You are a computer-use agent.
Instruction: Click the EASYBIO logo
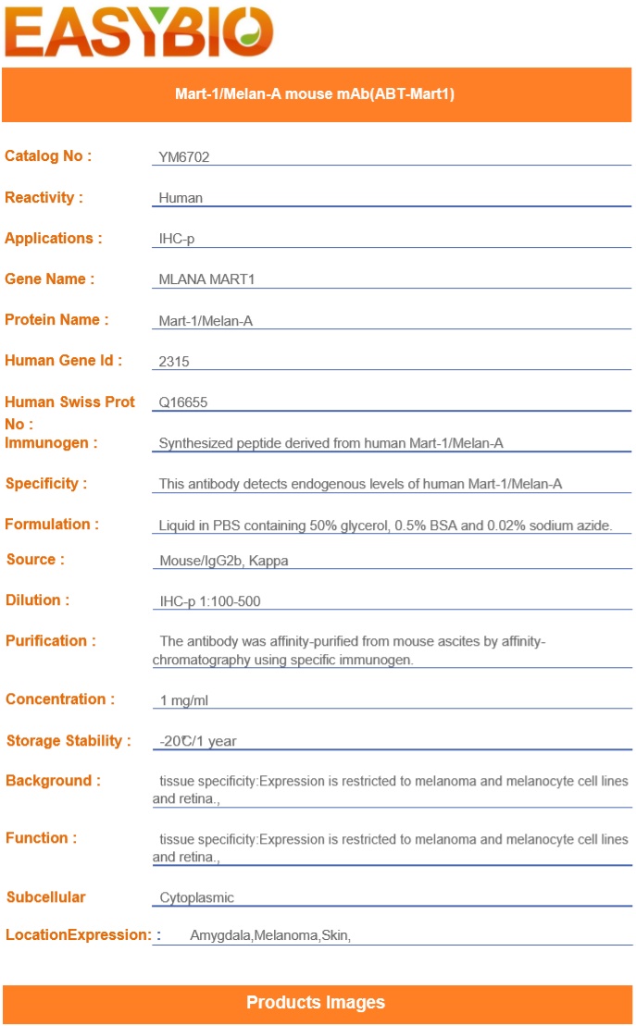coord(139,32)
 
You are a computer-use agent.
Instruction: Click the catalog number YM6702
coord(184,157)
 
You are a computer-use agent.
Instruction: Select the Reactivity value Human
coord(181,198)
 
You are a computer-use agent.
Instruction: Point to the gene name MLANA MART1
coord(206,279)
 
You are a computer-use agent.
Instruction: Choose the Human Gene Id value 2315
coord(174,362)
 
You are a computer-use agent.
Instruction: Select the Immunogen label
coord(51,443)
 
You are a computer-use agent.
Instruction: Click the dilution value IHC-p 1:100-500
coord(210,601)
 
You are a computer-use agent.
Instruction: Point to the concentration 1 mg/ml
coord(184,700)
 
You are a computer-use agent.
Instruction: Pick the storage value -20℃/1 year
coord(199,741)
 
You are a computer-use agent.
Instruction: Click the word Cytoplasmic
coord(197,897)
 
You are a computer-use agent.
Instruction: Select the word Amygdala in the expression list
coord(220,936)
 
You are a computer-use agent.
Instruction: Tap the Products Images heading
coord(316,1003)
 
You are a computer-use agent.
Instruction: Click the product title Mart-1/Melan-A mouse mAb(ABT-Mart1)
coord(315,94)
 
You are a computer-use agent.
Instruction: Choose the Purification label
coord(51,641)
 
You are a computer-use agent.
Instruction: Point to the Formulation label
coord(52,525)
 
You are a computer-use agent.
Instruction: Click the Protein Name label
coord(56,320)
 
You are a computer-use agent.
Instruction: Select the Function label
coord(41,838)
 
